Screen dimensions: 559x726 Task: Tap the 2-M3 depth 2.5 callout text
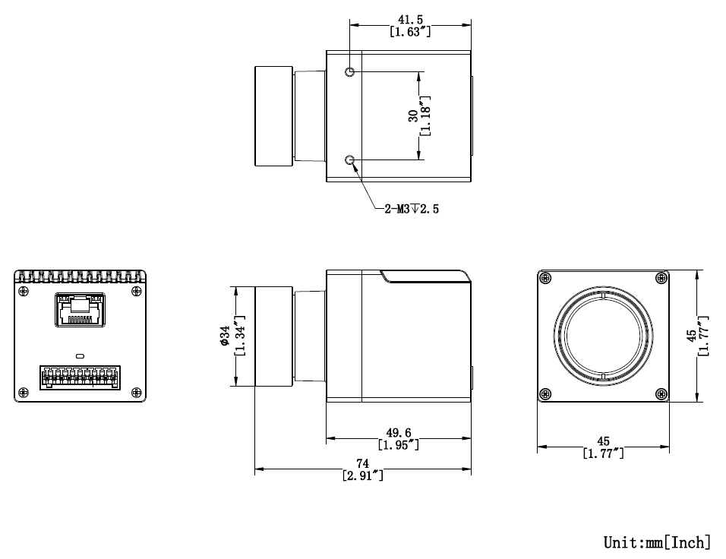411,209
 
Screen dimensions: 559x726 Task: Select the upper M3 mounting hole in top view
350,72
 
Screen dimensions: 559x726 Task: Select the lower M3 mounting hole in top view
350,160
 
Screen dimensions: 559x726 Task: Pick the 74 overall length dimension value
362,464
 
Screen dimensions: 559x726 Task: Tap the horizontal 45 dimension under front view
603,441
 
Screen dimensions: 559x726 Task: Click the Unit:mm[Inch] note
657,542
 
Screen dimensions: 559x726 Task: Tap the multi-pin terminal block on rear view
80,376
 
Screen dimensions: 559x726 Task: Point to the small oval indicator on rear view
80,354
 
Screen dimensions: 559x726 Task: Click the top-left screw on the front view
544,278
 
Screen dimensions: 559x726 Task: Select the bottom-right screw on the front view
661,393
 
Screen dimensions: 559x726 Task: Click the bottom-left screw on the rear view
23,392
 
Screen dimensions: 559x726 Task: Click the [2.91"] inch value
362,476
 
